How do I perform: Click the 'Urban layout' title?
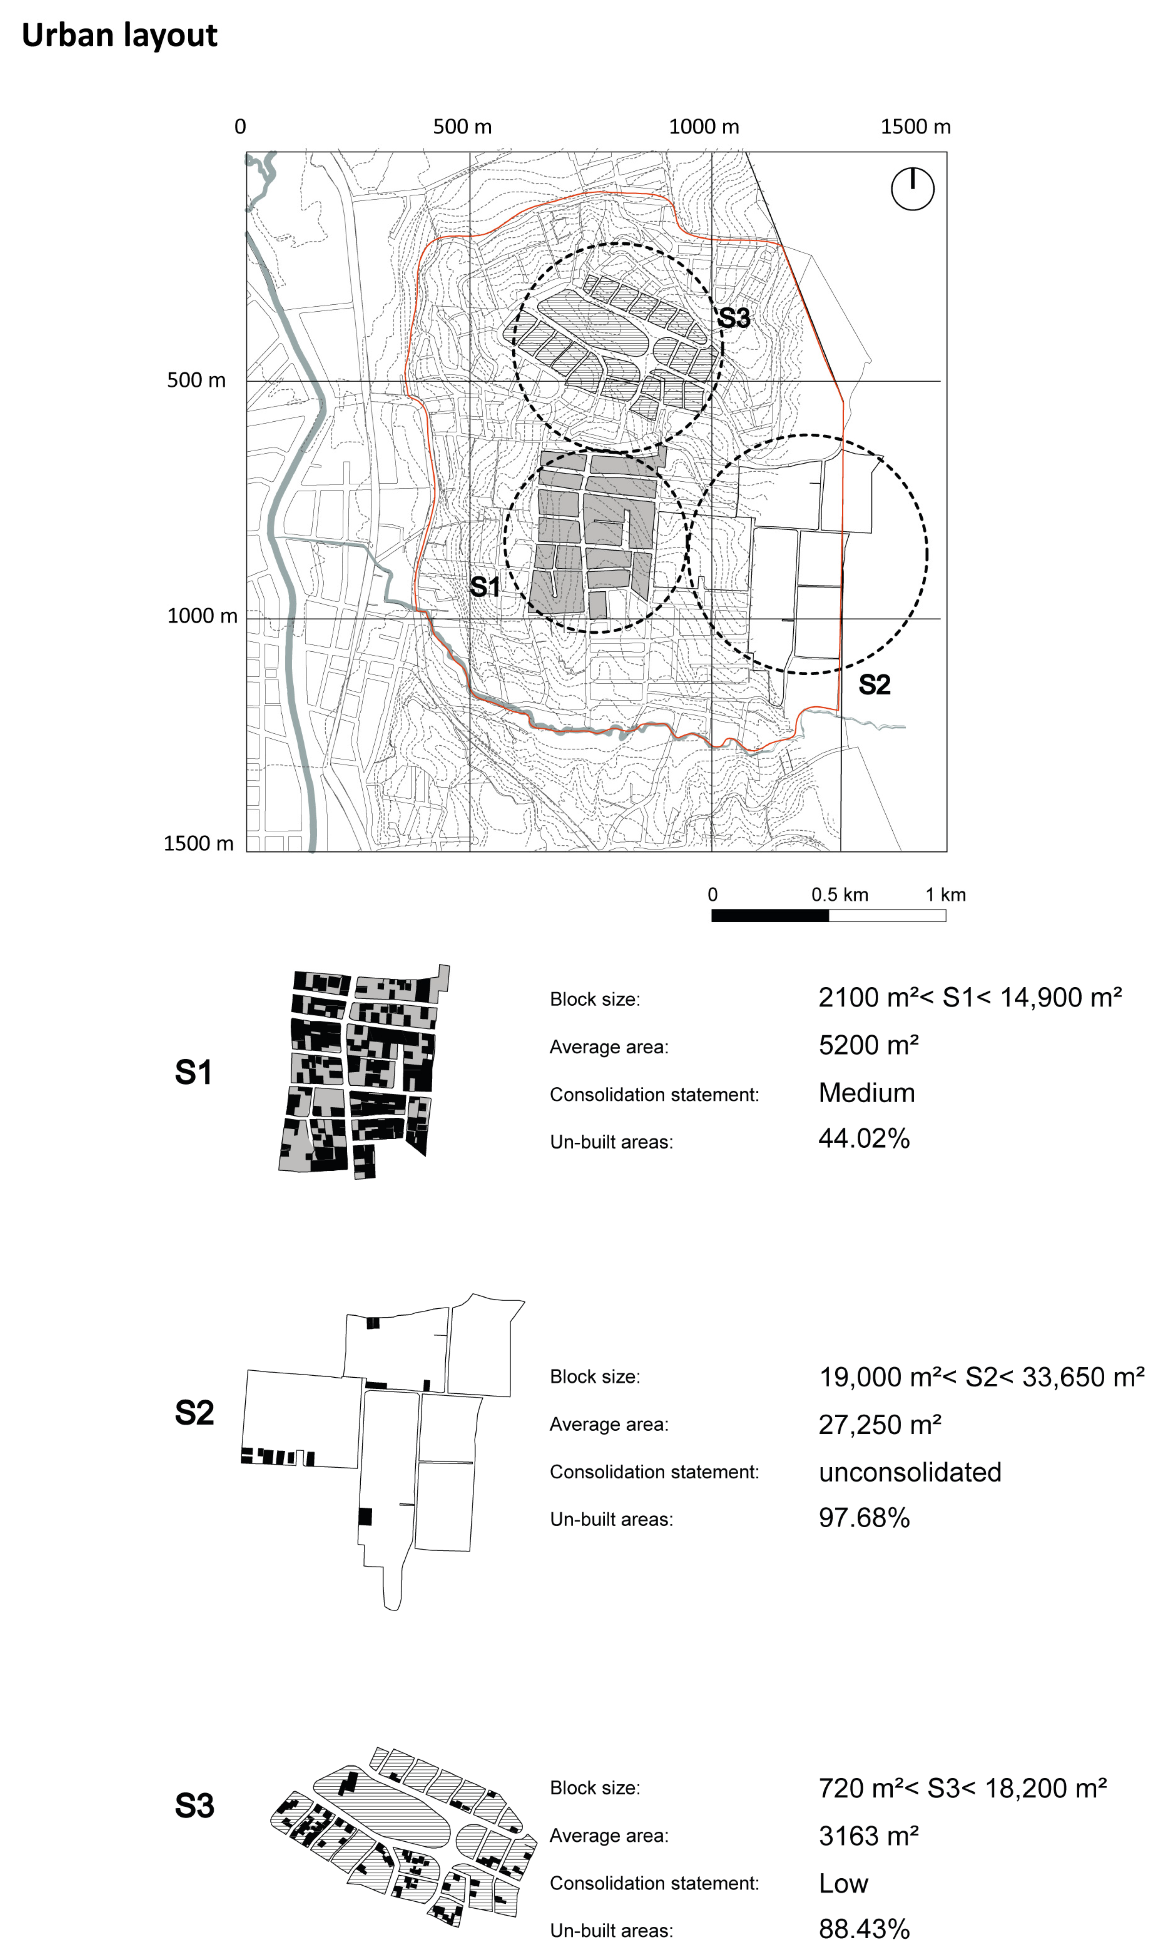[119, 35]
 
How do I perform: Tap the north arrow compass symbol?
[912, 189]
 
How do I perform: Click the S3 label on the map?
[734, 318]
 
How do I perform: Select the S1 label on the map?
[484, 587]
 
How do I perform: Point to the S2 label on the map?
[875, 685]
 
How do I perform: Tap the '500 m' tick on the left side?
[196, 380]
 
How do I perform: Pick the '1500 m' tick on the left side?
[198, 843]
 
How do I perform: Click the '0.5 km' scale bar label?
[839, 895]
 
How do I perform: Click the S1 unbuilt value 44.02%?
[864, 1138]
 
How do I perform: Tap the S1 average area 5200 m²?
[868, 1045]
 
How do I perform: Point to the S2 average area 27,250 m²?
[879, 1424]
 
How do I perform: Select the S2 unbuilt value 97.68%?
[864, 1518]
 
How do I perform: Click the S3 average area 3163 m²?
[868, 1836]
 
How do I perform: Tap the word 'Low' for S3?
[843, 1883]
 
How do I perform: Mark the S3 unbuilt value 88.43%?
[864, 1930]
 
